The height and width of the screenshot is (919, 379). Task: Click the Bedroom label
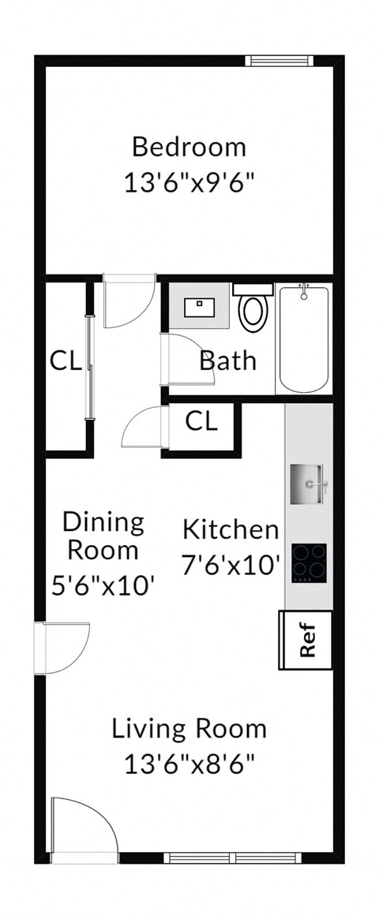pos(189,147)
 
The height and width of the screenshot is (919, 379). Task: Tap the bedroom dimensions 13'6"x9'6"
pos(189,183)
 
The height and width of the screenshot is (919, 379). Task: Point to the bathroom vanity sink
pos(201,307)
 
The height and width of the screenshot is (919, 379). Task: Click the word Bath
pos(227,361)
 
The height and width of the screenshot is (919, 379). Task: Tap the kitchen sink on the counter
pos(308,483)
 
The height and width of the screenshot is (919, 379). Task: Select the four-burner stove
pos(309,562)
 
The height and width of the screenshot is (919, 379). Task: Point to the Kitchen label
pos(231,529)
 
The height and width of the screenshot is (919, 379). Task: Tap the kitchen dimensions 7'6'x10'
pos(231,565)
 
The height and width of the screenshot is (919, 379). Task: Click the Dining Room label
pos(103,535)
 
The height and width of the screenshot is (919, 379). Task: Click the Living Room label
pos(189,727)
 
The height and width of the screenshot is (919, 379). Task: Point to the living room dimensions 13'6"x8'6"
pos(189,764)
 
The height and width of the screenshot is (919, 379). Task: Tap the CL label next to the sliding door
pos(66,361)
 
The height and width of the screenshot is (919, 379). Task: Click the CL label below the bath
pos(201,421)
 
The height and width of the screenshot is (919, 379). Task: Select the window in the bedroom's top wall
pos(279,61)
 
